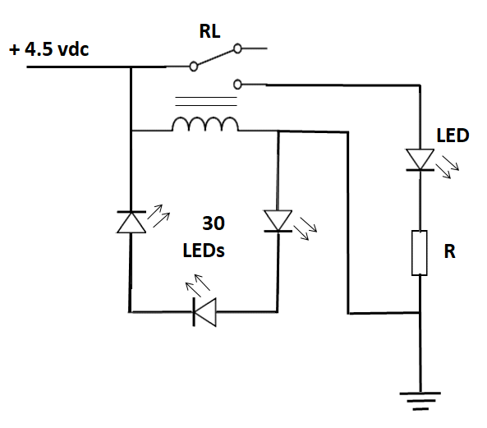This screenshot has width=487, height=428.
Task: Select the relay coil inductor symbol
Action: [205, 124]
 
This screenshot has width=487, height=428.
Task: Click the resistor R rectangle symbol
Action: [420, 253]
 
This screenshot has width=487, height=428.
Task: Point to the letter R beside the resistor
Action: [449, 252]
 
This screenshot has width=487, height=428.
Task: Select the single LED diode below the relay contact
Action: [420, 159]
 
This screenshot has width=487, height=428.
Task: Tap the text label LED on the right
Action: [453, 136]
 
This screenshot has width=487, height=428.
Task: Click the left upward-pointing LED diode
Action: [131, 222]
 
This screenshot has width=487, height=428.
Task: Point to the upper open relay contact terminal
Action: [238, 48]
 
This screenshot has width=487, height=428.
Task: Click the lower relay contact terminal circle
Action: [238, 83]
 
